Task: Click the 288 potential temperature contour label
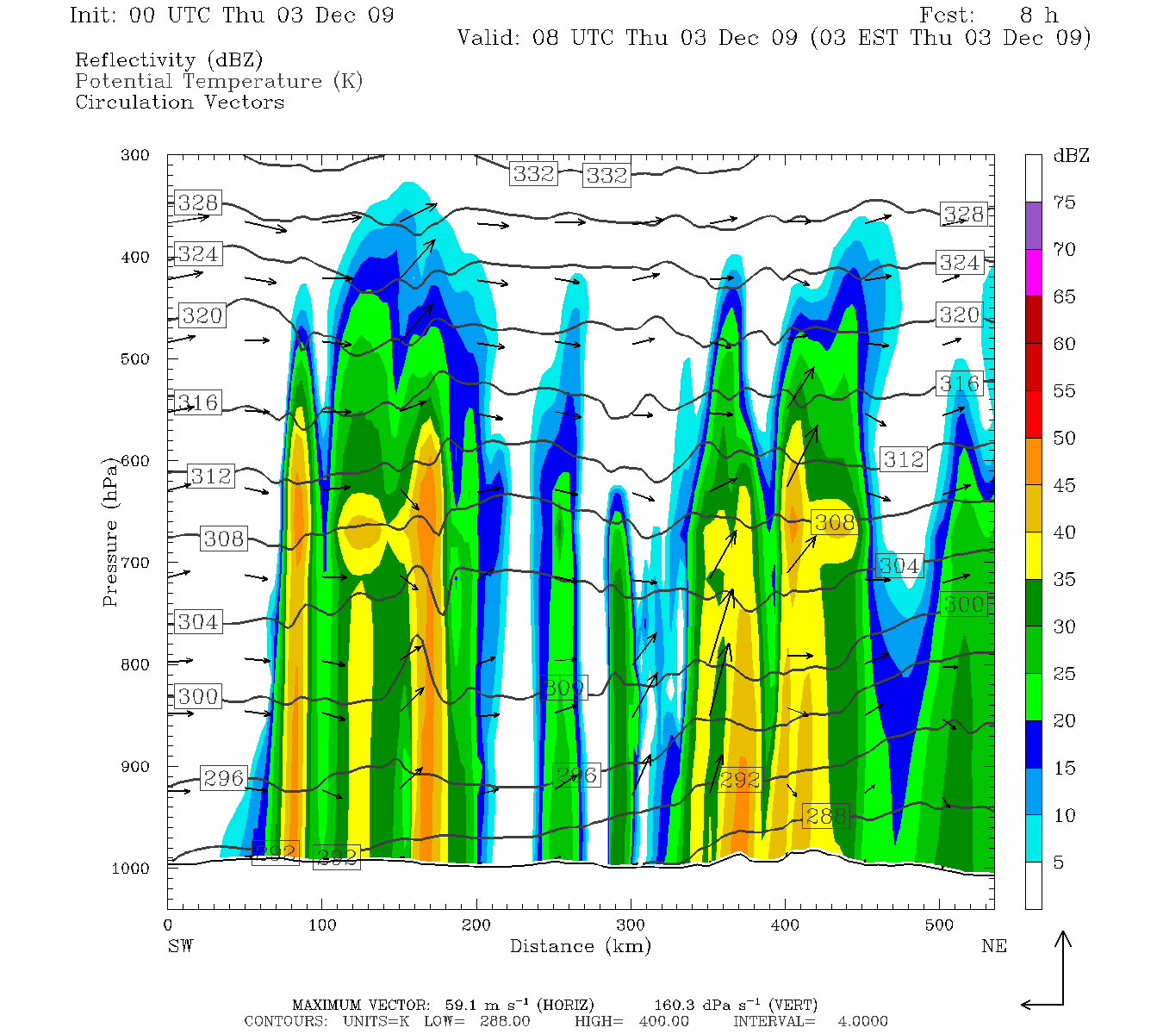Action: (826, 815)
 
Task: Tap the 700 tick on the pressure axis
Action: (134, 563)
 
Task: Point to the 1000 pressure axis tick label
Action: (131, 869)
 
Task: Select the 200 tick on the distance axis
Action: (476, 925)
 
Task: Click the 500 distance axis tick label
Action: (940, 925)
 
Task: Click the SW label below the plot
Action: (180, 946)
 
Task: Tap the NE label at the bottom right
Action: (993, 946)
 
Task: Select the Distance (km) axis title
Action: (580, 946)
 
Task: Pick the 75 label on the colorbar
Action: (1064, 202)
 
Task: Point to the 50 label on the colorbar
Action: (1064, 439)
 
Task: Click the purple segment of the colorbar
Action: (1033, 226)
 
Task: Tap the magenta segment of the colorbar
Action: (1033, 273)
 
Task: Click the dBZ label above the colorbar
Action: (1071, 156)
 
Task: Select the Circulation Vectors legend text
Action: (179, 103)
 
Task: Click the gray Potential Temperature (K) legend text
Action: (219, 82)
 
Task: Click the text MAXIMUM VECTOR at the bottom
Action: (360, 1005)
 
